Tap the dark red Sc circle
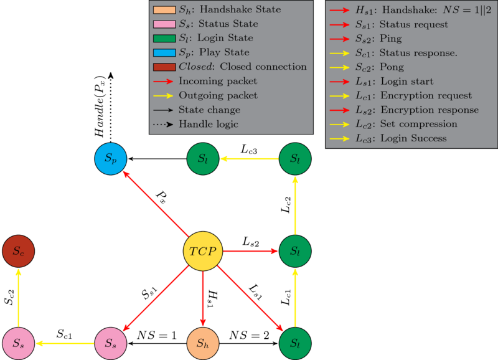[x=19, y=252]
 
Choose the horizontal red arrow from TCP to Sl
[x=249, y=252]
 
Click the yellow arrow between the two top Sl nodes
[x=249, y=159]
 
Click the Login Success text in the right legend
[x=413, y=138]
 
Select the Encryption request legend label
[x=426, y=95]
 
